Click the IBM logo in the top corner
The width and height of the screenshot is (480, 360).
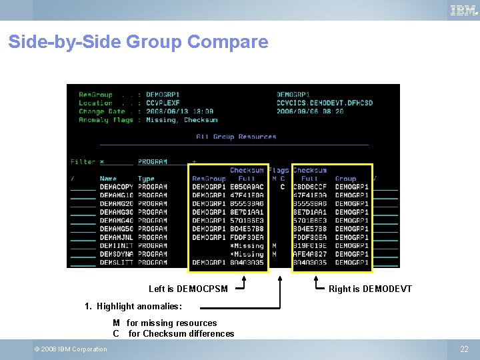[463, 10]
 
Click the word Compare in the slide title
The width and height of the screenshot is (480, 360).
[227, 42]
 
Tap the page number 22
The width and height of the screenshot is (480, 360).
[464, 349]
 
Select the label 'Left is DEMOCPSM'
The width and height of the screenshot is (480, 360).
[188, 289]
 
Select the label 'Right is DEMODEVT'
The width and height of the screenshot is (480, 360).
[370, 289]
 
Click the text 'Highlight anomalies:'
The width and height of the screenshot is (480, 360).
[139, 307]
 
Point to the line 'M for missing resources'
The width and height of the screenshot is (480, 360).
[165, 323]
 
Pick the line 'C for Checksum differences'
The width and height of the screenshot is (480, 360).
[173, 333]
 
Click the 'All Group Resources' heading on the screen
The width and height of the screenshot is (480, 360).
[236, 137]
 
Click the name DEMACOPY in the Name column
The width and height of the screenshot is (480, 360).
[117, 187]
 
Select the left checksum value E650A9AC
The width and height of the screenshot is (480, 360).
[247, 187]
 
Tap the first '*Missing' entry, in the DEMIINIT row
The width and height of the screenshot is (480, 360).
[247, 246]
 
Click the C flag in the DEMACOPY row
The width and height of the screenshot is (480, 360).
[282, 187]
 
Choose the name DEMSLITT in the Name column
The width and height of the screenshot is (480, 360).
[117, 263]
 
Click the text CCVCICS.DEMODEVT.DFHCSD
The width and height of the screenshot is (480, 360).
[325, 103]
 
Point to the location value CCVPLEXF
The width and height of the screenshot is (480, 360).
[163, 103]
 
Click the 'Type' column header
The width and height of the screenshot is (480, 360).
[146, 179]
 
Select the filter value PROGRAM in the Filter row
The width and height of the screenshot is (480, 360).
[153, 162]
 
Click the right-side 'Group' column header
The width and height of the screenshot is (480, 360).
[345, 179]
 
